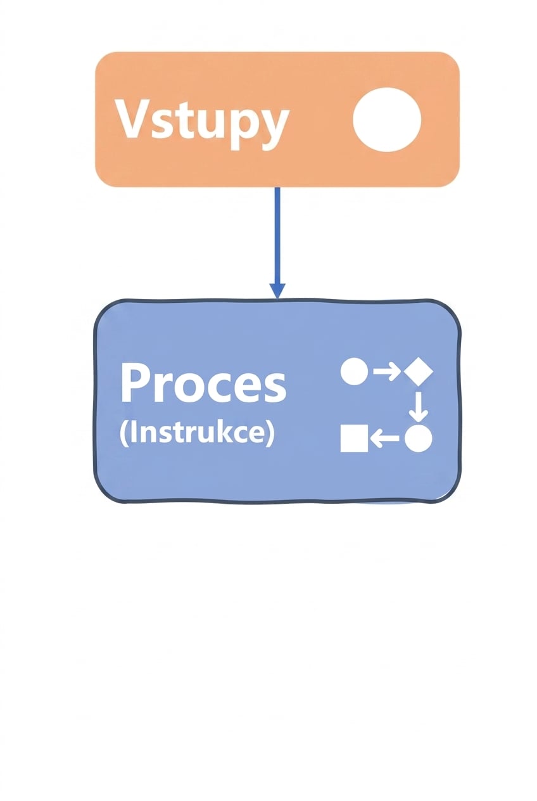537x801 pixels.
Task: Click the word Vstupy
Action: (201, 124)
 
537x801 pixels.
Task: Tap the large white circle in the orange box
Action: (386, 119)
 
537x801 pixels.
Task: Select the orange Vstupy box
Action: (277, 119)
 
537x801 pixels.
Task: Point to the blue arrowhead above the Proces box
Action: (277, 290)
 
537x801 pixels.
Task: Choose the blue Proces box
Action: (277, 401)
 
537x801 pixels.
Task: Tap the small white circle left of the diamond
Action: (354, 371)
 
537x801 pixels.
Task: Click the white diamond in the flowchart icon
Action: (419, 372)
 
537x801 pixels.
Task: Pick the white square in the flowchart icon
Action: (354, 439)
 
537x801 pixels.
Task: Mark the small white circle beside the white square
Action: (419, 439)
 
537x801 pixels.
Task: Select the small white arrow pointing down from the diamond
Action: (419, 406)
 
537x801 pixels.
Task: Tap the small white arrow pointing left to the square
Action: (384, 439)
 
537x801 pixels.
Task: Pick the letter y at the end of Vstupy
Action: (274, 129)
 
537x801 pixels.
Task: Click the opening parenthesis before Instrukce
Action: (123, 434)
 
